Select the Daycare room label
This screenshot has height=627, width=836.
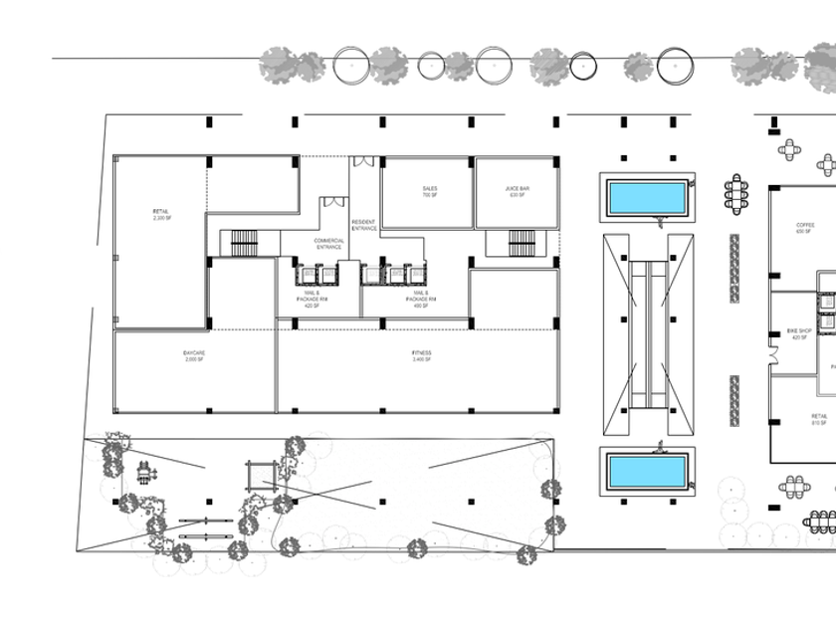193,355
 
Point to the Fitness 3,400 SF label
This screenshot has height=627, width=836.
421,355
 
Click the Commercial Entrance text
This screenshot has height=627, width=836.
328,244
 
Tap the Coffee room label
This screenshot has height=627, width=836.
805,228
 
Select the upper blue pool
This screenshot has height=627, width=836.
648,197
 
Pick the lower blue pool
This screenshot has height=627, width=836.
648,472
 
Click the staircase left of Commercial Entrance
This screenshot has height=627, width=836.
244,243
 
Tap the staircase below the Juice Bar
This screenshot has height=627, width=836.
522,243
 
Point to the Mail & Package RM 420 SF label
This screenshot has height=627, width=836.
312,300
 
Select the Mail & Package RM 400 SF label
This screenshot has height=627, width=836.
421,300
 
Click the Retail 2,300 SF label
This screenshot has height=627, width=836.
161,214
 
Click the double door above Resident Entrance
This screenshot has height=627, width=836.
363,161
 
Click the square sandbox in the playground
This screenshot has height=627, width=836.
261,476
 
